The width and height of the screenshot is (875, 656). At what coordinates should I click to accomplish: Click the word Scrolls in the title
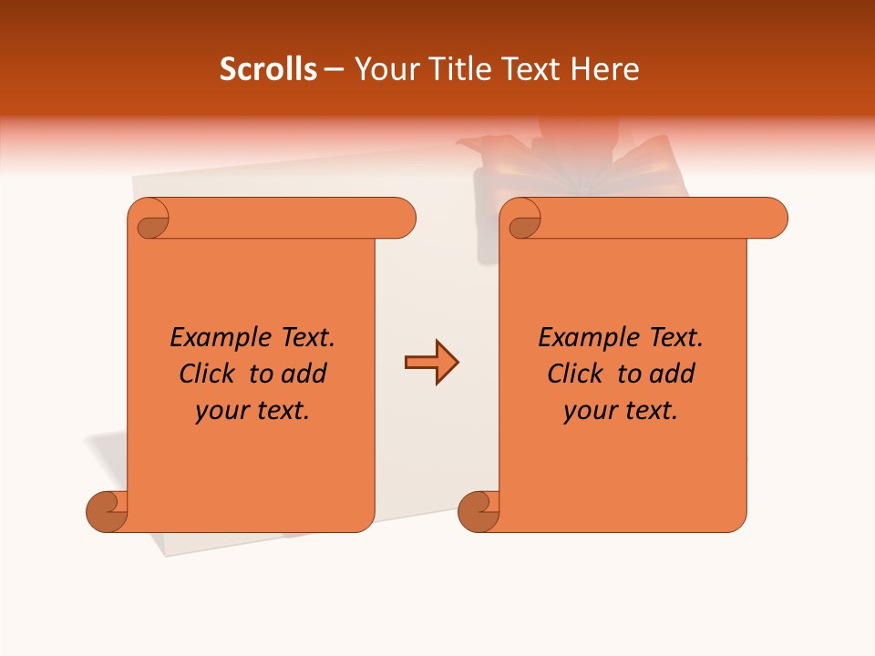point(268,69)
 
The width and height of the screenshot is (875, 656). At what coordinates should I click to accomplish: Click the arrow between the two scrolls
point(431,363)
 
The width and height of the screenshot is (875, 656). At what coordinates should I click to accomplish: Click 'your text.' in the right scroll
point(621,411)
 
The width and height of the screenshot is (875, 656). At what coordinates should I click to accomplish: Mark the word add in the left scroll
point(304,374)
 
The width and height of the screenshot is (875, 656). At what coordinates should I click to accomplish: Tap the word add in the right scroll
point(673,374)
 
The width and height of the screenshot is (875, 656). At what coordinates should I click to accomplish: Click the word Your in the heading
point(384,69)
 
